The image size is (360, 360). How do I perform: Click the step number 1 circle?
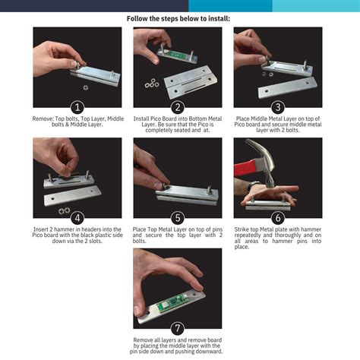point(77,107)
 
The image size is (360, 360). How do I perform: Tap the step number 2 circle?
point(178,107)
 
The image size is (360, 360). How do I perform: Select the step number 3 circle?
point(278,107)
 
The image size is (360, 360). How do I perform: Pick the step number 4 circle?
point(77,218)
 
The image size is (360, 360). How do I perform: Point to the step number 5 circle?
point(178,218)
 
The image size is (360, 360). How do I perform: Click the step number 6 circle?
point(278,218)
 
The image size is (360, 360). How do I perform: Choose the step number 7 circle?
point(178,329)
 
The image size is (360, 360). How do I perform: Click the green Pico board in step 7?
point(173,302)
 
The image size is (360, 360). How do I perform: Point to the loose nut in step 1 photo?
point(86,87)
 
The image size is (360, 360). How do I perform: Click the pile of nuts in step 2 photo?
point(152,84)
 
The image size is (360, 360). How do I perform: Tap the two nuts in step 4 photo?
point(65,210)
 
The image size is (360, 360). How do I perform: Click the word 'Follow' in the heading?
point(136,19)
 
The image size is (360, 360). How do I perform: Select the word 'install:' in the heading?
point(219,19)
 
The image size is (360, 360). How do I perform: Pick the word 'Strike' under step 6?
point(242,229)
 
